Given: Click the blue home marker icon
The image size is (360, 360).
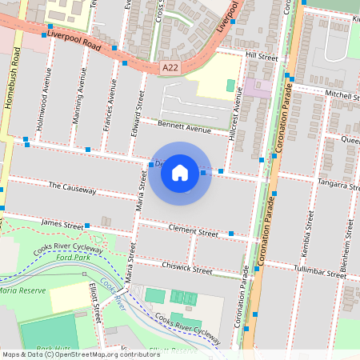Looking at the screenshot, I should (x=180, y=172).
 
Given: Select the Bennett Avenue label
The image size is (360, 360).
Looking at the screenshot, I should (x=184, y=127).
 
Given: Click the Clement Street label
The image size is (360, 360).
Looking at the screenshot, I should (x=193, y=231).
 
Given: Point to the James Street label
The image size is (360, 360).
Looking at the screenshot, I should (x=62, y=223).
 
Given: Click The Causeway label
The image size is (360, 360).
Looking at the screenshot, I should (x=72, y=190).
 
